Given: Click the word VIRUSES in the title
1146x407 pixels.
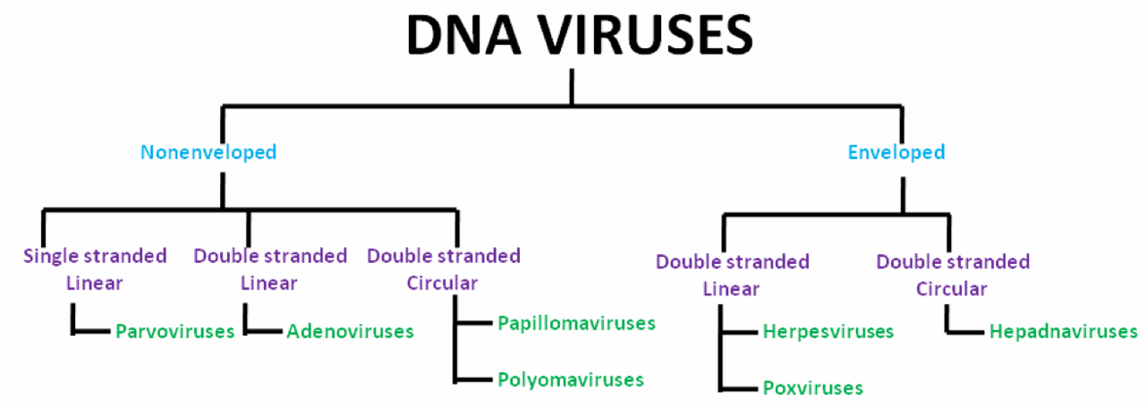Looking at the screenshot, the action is (x=644, y=35).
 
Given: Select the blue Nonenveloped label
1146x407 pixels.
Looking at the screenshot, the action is (x=208, y=152).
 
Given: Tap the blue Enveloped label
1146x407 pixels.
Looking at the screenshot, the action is (x=896, y=152).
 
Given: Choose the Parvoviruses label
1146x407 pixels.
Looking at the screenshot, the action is (x=174, y=332).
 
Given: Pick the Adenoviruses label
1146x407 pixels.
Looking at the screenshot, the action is (x=351, y=332).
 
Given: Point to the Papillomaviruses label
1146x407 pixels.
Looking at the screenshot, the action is (x=577, y=322).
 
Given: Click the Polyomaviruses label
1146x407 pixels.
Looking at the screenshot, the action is (x=571, y=379).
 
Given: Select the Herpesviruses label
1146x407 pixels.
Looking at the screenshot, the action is (x=828, y=332).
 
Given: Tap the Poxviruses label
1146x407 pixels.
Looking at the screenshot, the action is (x=813, y=388).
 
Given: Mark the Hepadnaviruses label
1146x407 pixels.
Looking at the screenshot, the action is (x=1064, y=332).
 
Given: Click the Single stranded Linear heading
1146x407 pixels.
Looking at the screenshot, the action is (x=95, y=269).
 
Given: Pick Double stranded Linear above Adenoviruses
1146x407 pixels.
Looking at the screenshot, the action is (x=270, y=269).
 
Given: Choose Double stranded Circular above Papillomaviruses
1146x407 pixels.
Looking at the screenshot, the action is (x=444, y=269).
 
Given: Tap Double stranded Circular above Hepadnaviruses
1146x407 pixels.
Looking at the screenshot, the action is (x=953, y=276).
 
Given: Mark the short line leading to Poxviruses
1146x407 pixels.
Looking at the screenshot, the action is (x=740, y=388).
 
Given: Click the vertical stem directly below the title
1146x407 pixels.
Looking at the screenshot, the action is (x=571, y=88).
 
